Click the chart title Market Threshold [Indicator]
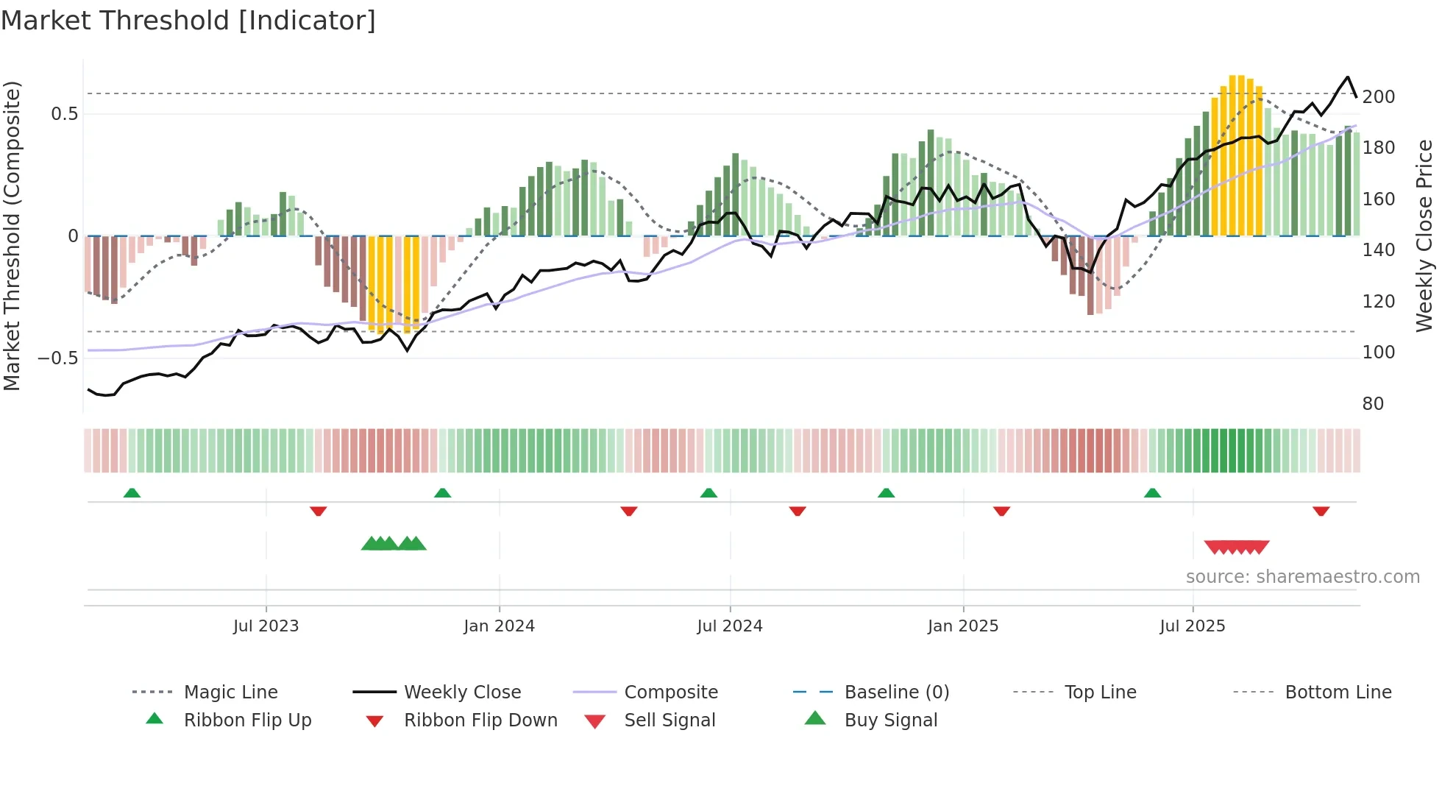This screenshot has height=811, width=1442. pos(188,21)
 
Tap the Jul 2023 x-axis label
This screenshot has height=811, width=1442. pos(266,626)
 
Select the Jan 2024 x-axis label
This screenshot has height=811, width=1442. pos(499,626)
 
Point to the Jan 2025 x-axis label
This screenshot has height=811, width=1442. pos(962,626)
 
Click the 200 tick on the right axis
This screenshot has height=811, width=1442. pos(1378,97)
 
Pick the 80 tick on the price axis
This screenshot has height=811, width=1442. pos(1373,404)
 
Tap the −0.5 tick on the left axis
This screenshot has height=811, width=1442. pos(58,358)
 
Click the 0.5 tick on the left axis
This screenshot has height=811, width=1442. pos(64,114)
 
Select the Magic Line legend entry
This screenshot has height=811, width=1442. pos(230,693)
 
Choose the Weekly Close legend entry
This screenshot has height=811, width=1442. pos(462,693)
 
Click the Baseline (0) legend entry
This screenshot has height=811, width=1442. pos(896,693)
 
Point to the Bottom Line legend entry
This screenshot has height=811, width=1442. pos(1338,693)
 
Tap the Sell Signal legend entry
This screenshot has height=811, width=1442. pos(669,720)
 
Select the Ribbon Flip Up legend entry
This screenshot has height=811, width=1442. pos(247,720)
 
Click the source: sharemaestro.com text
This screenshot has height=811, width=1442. pos(1302,577)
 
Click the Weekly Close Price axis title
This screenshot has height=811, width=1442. pos(1424,235)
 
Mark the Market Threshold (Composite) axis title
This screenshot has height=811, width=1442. pos(12,235)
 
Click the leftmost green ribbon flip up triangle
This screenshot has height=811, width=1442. pos(132,493)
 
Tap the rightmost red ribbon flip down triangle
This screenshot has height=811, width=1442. pos(1321,511)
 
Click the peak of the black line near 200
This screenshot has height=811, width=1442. pos(1348,77)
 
